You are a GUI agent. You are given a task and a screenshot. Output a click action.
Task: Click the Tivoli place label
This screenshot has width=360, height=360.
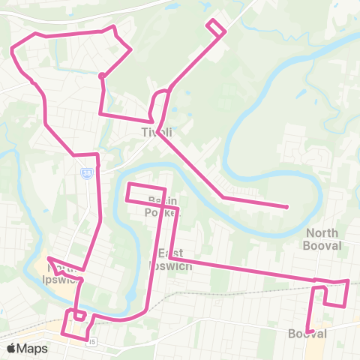point(157,132)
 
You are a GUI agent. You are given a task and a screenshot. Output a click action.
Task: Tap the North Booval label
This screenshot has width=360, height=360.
point(322,239)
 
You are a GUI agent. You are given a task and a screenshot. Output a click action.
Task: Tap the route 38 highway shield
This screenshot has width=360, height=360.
point(87,173)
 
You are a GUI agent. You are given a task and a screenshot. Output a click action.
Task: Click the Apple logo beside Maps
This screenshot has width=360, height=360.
point(11,348)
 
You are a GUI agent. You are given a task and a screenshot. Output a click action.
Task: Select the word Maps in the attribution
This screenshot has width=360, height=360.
point(32,348)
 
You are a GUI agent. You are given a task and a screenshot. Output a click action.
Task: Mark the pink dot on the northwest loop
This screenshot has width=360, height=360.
point(101,75)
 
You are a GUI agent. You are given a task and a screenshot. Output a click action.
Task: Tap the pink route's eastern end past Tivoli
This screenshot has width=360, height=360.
point(287,207)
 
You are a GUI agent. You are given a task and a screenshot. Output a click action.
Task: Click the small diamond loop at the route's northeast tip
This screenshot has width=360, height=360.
point(216,27)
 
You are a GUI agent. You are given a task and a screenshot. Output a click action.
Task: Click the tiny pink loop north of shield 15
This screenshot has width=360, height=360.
point(79,314)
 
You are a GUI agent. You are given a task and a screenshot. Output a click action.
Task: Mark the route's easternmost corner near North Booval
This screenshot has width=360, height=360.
point(349,281)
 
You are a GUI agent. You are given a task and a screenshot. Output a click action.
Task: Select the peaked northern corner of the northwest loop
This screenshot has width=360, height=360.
point(113,27)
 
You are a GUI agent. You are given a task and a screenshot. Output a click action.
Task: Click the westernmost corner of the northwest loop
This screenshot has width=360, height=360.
point(12,49)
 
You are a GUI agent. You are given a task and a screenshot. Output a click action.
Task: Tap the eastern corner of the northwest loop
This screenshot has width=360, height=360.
point(132,49)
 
